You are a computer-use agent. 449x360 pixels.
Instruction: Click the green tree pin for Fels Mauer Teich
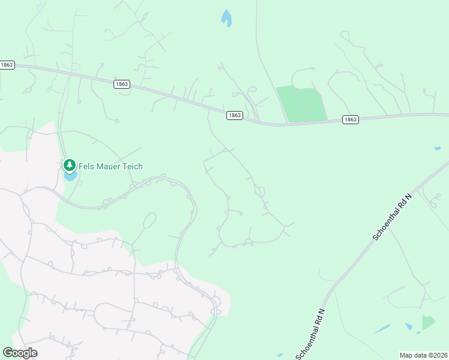click(70, 164)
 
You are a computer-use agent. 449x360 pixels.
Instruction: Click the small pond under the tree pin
click(70, 176)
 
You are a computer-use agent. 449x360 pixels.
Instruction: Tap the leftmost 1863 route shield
click(7, 65)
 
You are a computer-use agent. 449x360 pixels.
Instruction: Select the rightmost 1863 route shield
click(351, 119)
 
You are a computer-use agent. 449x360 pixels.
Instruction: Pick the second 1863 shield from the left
click(121, 85)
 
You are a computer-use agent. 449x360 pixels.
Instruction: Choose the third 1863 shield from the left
click(235, 115)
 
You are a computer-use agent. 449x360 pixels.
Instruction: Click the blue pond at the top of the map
click(226, 18)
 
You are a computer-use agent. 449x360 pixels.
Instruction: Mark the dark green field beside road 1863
click(302, 104)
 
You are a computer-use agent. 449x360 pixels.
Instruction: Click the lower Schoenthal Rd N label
click(310, 334)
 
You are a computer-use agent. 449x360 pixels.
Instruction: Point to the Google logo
click(20, 353)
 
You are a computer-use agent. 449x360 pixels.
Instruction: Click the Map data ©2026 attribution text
click(423, 355)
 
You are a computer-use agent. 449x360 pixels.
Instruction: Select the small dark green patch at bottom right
click(428, 322)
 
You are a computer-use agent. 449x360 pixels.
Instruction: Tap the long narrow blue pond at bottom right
click(382, 329)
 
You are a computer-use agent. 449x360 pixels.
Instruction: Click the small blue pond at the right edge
click(438, 148)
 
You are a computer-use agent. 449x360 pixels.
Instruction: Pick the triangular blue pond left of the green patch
click(409, 326)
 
